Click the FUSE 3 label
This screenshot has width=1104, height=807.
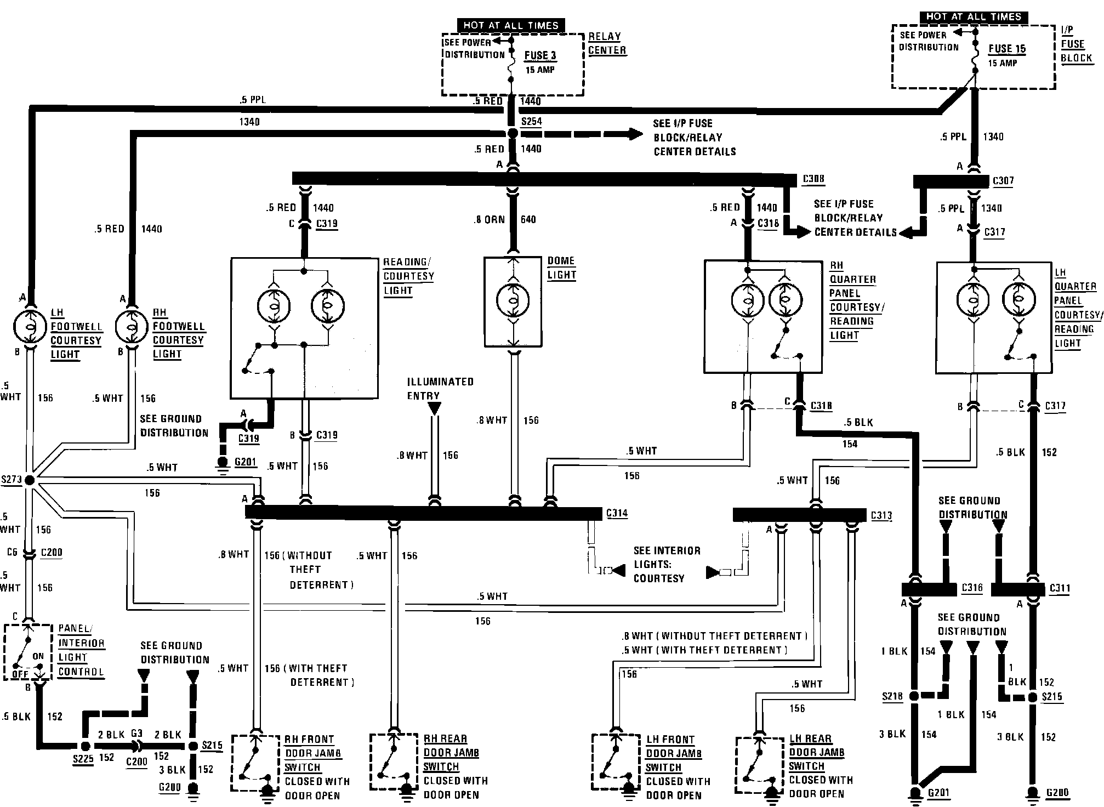[x=540, y=55]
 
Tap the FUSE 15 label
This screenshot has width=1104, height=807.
[x=1007, y=49]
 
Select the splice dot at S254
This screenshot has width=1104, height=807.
[x=512, y=133]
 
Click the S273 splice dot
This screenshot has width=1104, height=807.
[x=30, y=480]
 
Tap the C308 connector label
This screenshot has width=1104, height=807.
[x=813, y=179]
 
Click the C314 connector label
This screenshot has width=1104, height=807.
[x=617, y=514]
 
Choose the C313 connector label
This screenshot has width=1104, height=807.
[x=881, y=516]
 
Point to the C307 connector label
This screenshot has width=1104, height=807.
[x=1003, y=181]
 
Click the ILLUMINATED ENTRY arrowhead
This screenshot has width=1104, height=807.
[x=434, y=409]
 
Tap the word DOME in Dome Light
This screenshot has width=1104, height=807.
[x=561, y=261]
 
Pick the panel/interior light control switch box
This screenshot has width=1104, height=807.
[x=28, y=652]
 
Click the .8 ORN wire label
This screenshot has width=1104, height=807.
[x=489, y=219]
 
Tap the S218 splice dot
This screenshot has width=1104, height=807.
[x=914, y=696]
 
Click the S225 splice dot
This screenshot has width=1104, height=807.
[x=85, y=746]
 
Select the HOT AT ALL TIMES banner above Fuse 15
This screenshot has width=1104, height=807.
[x=974, y=17]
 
